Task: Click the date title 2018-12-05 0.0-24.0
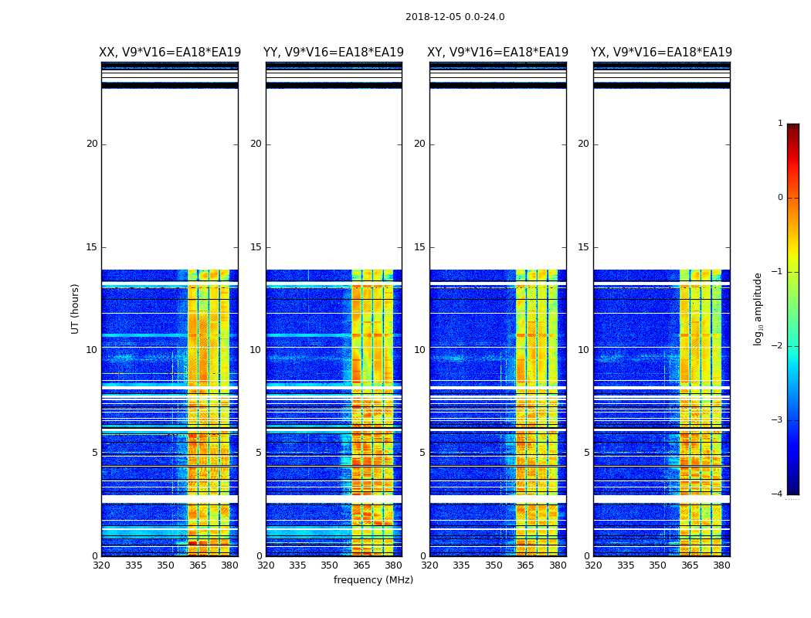coord(455,17)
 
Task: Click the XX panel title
coord(170,53)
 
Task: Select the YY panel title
coord(334,53)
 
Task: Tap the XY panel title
coord(497,53)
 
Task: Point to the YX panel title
coord(661,53)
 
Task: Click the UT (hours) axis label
coord(76,308)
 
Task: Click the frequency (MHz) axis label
coord(373,580)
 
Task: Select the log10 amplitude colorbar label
coord(758,308)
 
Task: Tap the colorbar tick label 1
coord(780,124)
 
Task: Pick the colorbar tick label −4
coord(778,494)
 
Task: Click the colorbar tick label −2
coord(778,346)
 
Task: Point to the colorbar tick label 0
coord(780,198)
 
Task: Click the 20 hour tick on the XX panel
coord(92,144)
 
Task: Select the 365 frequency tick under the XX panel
coord(198,565)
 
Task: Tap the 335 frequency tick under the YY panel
coord(297,565)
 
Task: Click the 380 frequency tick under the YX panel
coord(721,565)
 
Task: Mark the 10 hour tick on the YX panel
coord(584,350)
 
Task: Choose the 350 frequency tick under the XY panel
coord(494,565)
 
